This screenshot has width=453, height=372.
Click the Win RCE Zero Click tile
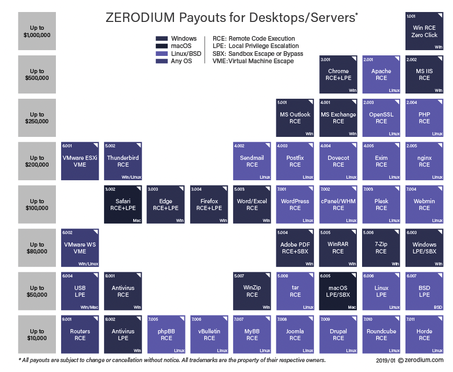pos(424,31)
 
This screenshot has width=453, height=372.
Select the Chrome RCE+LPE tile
pos(338,75)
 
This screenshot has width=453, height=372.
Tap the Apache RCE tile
pos(381,75)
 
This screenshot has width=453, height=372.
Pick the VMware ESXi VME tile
pos(80,161)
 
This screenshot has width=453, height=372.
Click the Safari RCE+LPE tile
pos(123,204)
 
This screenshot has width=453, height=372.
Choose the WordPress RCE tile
pos(295,204)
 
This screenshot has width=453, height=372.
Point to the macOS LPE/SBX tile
pos(338,291)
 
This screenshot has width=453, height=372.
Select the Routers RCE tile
pos(80,334)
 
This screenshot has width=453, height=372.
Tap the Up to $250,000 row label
pos(37,118)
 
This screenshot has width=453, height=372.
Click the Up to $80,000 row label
pos(37,248)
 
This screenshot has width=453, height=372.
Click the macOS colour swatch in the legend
pos(161,46)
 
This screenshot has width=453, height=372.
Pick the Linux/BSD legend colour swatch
pos(161,53)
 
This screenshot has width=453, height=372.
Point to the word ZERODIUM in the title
pos(140,18)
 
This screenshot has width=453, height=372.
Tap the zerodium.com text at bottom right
pos(424,360)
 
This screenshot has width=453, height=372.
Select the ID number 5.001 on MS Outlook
pos(282,102)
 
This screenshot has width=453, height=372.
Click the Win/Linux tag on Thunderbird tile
pos(132,177)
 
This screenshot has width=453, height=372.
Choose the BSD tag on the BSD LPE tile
pos(438,307)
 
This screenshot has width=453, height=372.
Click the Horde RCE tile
pos(424,334)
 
